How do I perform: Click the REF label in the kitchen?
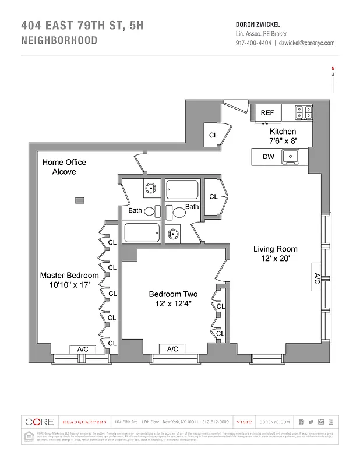(x=267, y=112)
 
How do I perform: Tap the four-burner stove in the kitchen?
(x=302, y=112)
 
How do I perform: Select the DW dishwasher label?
(x=268, y=157)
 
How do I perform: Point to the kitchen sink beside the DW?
(x=290, y=157)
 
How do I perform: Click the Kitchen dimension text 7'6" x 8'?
(x=283, y=141)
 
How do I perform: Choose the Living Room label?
(x=276, y=249)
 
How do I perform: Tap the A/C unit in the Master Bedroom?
(x=83, y=349)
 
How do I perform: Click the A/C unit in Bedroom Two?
(x=172, y=349)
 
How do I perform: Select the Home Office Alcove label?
(x=64, y=167)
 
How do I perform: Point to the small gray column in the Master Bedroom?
(x=79, y=200)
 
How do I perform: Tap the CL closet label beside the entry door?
(x=213, y=135)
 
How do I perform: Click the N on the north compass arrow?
(x=333, y=69)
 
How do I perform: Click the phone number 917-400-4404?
(x=253, y=43)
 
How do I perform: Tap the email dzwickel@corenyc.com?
(x=306, y=43)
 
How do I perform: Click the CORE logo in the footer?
(x=40, y=422)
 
